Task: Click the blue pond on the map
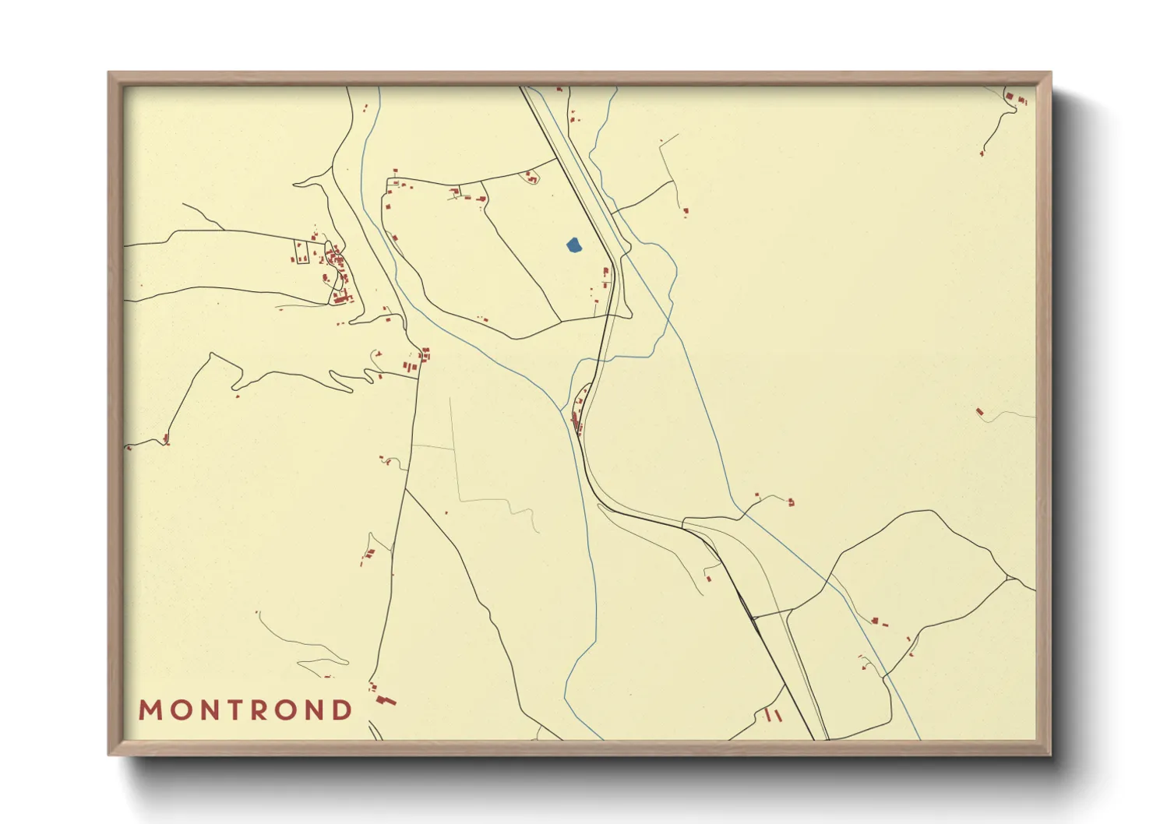coord(573,245)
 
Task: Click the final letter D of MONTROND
coord(342,710)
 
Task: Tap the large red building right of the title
coord(386,700)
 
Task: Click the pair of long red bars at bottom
coord(774,714)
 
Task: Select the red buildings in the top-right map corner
coord(1015,98)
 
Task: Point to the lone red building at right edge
coord(980,411)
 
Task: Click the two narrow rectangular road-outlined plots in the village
coord(302,252)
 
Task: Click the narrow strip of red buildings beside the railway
coord(578,413)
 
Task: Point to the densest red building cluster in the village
coord(337,269)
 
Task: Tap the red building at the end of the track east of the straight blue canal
coord(791,502)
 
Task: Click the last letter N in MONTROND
coord(315,710)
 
